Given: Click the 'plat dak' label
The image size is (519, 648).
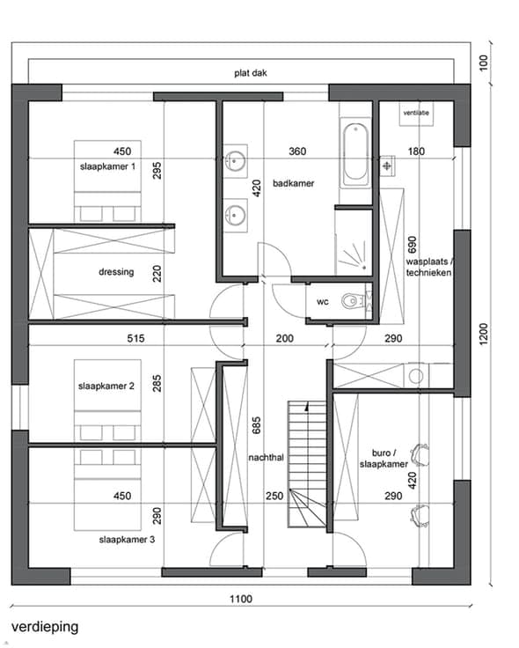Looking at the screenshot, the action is coord(251,73).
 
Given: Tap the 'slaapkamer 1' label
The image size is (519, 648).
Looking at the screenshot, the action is coord(108,166).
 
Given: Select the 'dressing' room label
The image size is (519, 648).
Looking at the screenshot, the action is coord(116,272).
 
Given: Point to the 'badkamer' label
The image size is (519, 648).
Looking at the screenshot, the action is coord(293,183).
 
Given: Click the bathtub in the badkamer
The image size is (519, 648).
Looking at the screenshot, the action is coord(355,153).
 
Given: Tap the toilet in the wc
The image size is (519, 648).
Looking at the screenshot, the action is coord(352,301).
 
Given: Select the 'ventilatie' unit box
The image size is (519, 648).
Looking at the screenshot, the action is coord(416,113).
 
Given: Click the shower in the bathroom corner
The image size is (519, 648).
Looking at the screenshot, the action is coord(354,243).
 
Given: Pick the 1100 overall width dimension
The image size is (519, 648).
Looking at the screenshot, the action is coord(241,599).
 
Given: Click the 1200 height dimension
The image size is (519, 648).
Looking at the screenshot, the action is coord(484,334).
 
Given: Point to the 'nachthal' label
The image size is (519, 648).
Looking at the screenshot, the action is coord(266,458).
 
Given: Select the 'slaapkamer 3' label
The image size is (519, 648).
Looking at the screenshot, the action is coord(127,540).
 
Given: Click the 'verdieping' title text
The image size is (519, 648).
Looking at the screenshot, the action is coord(45,627).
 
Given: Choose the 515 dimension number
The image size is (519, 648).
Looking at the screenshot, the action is coord(135,338).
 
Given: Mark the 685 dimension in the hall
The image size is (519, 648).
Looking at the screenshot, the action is coord(256,425).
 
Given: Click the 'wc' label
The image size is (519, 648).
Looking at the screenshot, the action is coord(323,302).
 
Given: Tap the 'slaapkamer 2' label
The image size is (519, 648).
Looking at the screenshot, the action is coord(106,386).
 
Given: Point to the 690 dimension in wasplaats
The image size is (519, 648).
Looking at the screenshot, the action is coord(412,245).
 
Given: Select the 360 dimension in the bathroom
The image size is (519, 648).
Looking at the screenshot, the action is coord(297,151).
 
